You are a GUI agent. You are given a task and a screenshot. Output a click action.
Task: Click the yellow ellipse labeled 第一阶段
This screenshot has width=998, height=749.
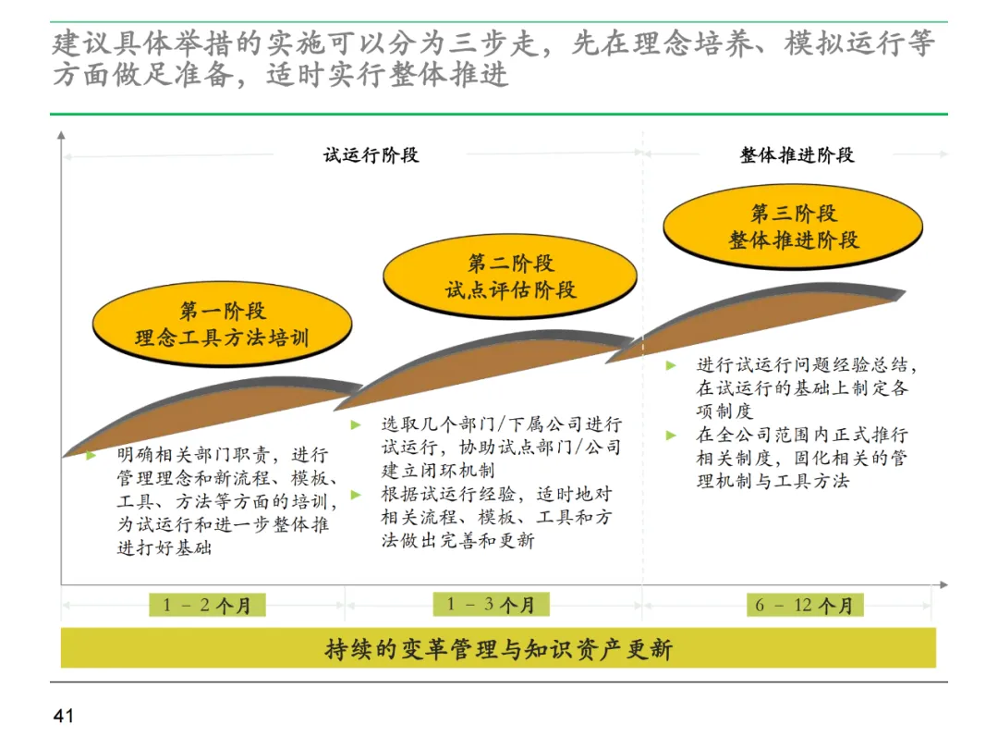tap(222, 325)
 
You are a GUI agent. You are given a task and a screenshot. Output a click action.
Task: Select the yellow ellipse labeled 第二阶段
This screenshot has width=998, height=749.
tap(510, 276)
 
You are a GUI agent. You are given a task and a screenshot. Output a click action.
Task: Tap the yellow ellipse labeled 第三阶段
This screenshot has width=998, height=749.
tap(793, 227)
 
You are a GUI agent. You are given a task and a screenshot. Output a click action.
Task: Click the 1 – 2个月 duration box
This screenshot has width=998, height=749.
tap(207, 606)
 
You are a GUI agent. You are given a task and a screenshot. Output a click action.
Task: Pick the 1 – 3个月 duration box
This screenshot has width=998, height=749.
tap(491, 605)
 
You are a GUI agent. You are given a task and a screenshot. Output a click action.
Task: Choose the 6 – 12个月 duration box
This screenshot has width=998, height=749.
tap(804, 606)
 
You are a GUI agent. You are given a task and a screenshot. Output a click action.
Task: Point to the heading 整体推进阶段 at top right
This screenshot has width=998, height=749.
tap(797, 154)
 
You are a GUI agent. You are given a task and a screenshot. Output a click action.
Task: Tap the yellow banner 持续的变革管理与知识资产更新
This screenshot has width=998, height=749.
tap(498, 649)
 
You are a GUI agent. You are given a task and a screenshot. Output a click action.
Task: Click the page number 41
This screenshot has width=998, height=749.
tap(64, 716)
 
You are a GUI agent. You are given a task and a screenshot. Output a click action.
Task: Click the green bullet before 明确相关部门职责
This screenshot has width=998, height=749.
tap(91, 456)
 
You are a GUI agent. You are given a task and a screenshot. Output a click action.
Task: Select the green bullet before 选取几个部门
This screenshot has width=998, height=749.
tap(356, 425)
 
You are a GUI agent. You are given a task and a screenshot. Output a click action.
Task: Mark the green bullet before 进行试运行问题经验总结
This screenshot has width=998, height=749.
tap(671, 366)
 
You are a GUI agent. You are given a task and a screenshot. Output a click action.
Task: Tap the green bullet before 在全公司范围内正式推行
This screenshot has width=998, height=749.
tap(671, 435)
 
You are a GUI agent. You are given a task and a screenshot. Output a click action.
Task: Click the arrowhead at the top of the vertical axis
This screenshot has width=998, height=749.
tap(61, 135)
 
